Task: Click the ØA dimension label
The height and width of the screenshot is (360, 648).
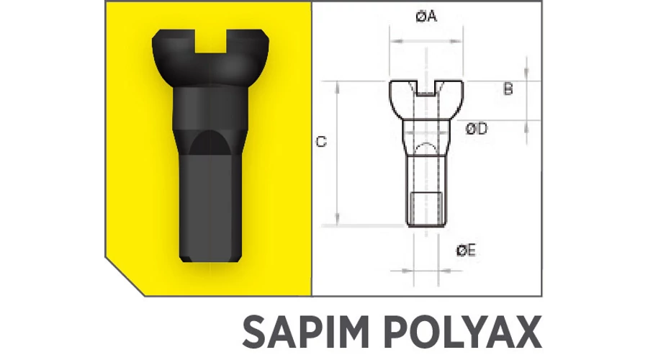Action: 426,17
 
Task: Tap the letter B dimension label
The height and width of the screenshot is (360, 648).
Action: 508,89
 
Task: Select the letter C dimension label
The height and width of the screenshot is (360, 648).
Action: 321,142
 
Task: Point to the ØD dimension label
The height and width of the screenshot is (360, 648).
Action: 476,129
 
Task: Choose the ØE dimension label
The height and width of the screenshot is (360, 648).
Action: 466,251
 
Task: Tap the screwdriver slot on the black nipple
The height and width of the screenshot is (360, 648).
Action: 210,41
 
